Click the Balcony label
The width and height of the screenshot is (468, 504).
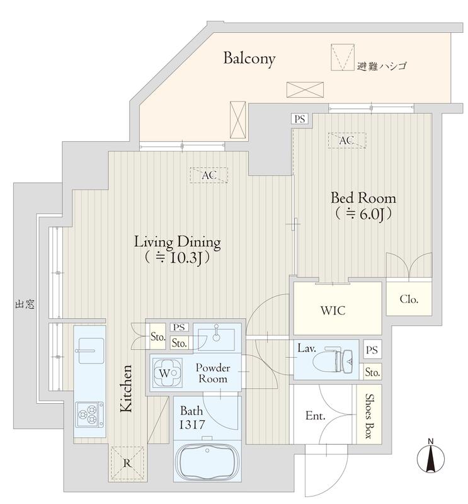pos(249,59)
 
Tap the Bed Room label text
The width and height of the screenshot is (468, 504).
pos(363,198)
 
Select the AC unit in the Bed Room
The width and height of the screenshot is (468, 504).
pos(347,140)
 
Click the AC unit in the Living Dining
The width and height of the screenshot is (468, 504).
pos(208,175)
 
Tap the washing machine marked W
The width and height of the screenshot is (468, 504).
pos(166,372)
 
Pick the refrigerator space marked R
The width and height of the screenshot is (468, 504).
pos(128,463)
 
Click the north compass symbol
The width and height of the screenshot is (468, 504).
pos(431,456)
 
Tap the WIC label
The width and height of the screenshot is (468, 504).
pos(333,311)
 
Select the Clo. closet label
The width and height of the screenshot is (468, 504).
pos(409,299)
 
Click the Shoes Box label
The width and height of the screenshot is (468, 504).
pos(368,416)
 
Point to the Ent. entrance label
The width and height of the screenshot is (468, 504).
pos(316,416)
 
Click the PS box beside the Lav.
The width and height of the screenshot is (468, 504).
pos(372,350)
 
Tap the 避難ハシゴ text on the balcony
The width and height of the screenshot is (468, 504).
pos(382,66)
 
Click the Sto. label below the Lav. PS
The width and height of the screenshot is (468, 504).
pos(372,372)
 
